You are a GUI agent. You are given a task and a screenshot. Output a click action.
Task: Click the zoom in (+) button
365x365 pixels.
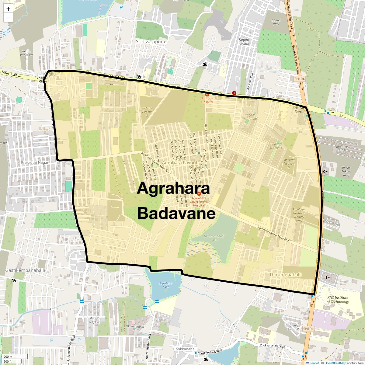click(8, 9)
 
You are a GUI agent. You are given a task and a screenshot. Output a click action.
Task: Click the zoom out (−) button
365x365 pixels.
click(8, 18)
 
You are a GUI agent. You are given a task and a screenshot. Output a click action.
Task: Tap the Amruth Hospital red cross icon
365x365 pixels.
click(207, 95)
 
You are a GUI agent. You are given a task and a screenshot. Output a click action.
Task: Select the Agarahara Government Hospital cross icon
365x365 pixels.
click(199, 194)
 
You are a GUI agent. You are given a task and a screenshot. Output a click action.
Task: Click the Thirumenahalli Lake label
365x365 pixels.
click(214, 238)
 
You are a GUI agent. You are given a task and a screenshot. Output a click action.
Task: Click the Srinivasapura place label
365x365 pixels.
click(150, 42)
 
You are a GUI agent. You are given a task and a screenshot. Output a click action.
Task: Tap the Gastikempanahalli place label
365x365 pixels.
click(25, 270)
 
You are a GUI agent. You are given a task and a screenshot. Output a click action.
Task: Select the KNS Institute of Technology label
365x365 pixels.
click(338, 300)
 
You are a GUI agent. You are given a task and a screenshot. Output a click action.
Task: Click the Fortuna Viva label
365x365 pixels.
click(147, 112)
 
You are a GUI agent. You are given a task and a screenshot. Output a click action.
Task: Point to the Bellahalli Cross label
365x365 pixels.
click(299, 109)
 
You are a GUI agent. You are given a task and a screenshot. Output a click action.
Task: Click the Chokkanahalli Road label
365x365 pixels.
click(273, 346)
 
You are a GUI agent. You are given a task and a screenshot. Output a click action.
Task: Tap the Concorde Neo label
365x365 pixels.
click(289, 163)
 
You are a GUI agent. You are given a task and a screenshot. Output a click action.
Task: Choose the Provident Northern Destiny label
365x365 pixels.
click(299, 215)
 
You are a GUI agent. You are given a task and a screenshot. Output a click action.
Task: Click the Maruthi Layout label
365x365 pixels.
click(95, 320)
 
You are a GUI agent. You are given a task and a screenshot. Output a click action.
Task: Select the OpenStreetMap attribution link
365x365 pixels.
click(335, 363)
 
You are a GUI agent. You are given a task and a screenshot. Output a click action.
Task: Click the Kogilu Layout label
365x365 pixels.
click(244, 42)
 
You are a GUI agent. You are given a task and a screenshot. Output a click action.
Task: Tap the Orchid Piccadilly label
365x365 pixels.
click(294, 328)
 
